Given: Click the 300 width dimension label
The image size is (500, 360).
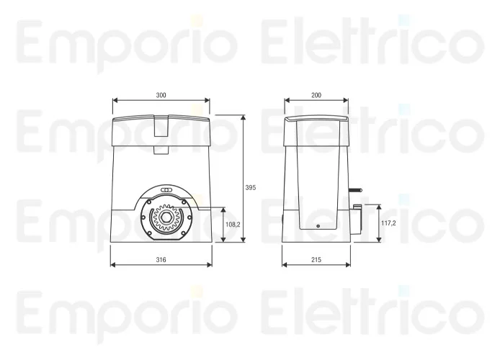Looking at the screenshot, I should tap(161, 94).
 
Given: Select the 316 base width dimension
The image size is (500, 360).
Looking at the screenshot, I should tap(161, 258).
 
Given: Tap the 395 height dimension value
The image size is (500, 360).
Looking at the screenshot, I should tap(251, 187).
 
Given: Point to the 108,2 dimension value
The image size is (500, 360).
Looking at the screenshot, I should tap(233, 225).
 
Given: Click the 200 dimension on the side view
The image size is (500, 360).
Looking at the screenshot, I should tap(316, 94).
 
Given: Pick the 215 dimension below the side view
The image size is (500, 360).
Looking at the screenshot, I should tap(316, 258).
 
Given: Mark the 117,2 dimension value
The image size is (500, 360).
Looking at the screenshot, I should tap(388, 224).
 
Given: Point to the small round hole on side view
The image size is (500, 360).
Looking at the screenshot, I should tap(317, 226).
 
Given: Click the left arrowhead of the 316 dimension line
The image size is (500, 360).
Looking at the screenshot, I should tap(112, 264).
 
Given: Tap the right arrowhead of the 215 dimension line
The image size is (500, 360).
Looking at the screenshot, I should tap(349, 264).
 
